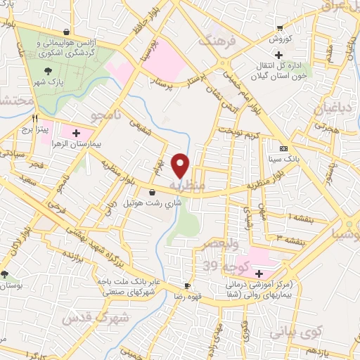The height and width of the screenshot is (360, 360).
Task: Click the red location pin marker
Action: click(x=181, y=165)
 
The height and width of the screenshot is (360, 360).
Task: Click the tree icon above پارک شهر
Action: click(x=47, y=70)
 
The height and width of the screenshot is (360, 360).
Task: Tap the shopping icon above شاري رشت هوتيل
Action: click(x=152, y=191)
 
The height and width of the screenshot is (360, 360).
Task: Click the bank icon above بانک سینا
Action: click(x=284, y=149)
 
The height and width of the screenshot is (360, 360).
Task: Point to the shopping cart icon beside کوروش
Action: click(x=280, y=29)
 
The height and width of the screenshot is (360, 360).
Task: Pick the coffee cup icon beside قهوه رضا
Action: click(x=186, y=285)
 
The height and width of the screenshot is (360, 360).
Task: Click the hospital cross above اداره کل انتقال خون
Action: click(x=278, y=55)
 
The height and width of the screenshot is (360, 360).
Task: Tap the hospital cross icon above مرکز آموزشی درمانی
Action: click(x=259, y=273)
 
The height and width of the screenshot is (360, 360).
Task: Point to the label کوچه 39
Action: click(x=220, y=266)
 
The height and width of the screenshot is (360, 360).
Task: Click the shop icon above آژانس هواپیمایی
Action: click(x=66, y=32)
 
